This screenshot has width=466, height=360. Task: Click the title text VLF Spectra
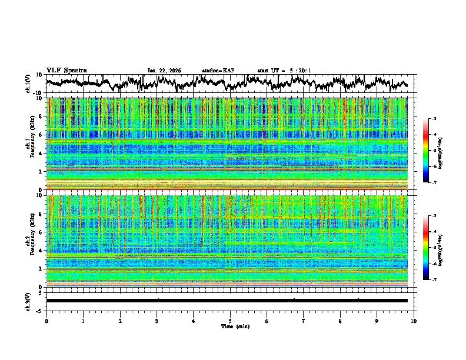click(x=66, y=71)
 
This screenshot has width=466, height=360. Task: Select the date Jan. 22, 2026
click(x=164, y=71)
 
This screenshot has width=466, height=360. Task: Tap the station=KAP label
click(x=218, y=71)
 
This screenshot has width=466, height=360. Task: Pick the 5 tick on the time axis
click(x=230, y=321)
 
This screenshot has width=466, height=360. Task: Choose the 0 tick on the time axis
click(x=46, y=321)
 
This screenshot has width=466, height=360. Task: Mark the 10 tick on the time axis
click(x=414, y=321)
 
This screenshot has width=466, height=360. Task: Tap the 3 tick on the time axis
click(x=157, y=321)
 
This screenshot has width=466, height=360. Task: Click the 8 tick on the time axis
click(x=341, y=321)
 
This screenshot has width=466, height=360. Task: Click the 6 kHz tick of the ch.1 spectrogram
click(x=42, y=135)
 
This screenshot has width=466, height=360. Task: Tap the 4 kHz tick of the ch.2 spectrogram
click(x=42, y=251)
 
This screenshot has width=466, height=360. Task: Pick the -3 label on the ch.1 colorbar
click(x=434, y=119)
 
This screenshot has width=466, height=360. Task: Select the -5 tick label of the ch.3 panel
click(x=40, y=310)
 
